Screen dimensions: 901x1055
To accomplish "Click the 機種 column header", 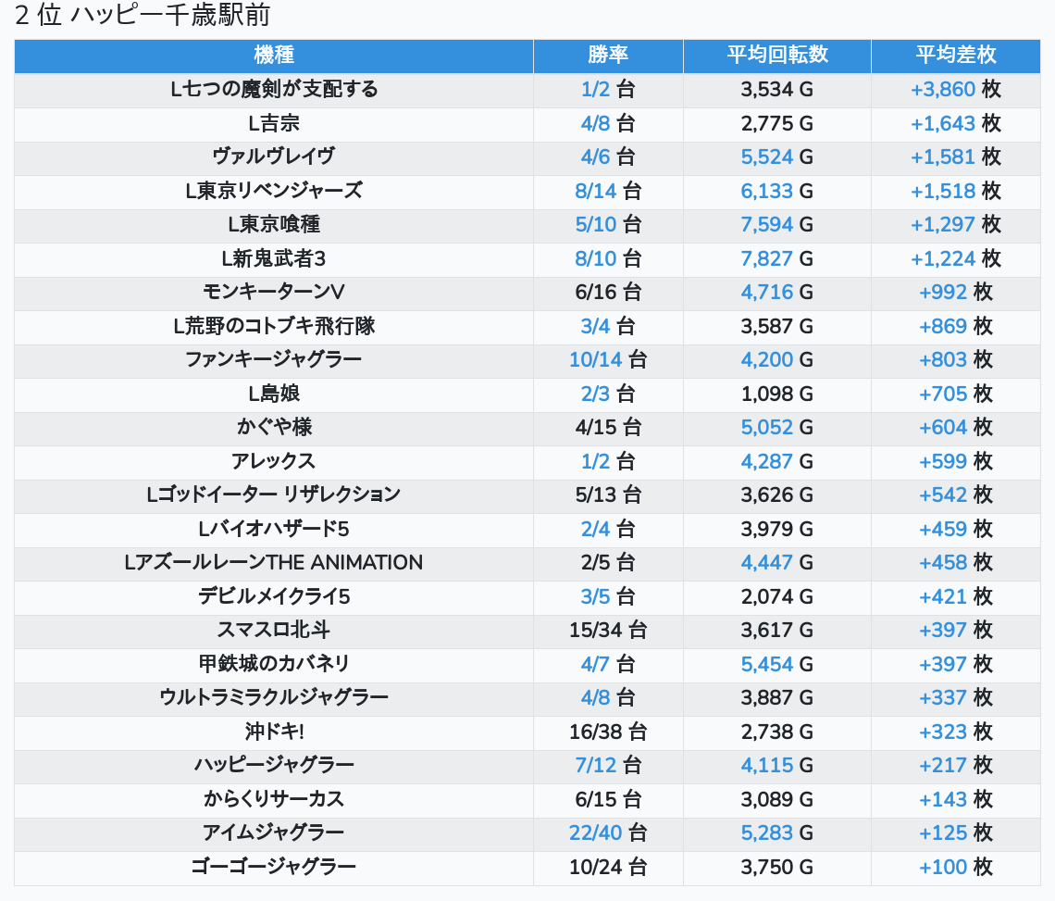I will tap(274, 55).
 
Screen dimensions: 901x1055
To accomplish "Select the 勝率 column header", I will tap(608, 55).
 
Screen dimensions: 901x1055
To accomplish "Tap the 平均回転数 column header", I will tap(777, 55).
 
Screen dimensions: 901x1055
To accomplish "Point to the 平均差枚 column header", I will tap(956, 55).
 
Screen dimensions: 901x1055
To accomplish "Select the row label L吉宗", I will tap(274, 123).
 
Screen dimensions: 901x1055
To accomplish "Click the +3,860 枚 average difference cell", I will tap(955, 90).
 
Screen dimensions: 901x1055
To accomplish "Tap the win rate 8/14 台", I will tap(608, 191).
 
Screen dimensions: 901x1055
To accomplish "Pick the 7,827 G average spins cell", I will tap(777, 258).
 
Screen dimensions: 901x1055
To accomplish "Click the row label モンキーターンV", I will tap(274, 292).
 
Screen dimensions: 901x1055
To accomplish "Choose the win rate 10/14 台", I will tap(608, 359).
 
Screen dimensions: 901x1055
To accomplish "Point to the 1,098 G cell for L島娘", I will tap(777, 394).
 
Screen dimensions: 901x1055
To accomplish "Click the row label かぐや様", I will tap(274, 427).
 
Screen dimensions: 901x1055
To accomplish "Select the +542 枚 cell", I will tap(955, 494).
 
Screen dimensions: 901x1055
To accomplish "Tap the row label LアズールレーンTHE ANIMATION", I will tap(274, 562).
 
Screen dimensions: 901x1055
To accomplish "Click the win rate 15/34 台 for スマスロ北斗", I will tap(608, 630).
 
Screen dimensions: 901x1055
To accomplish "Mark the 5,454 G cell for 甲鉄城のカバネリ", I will tap(777, 664).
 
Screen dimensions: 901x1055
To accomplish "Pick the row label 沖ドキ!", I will tap(274, 732).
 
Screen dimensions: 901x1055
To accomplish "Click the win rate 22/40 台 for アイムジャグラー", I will tap(608, 832).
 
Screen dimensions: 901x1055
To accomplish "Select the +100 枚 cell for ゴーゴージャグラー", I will tap(955, 867).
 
